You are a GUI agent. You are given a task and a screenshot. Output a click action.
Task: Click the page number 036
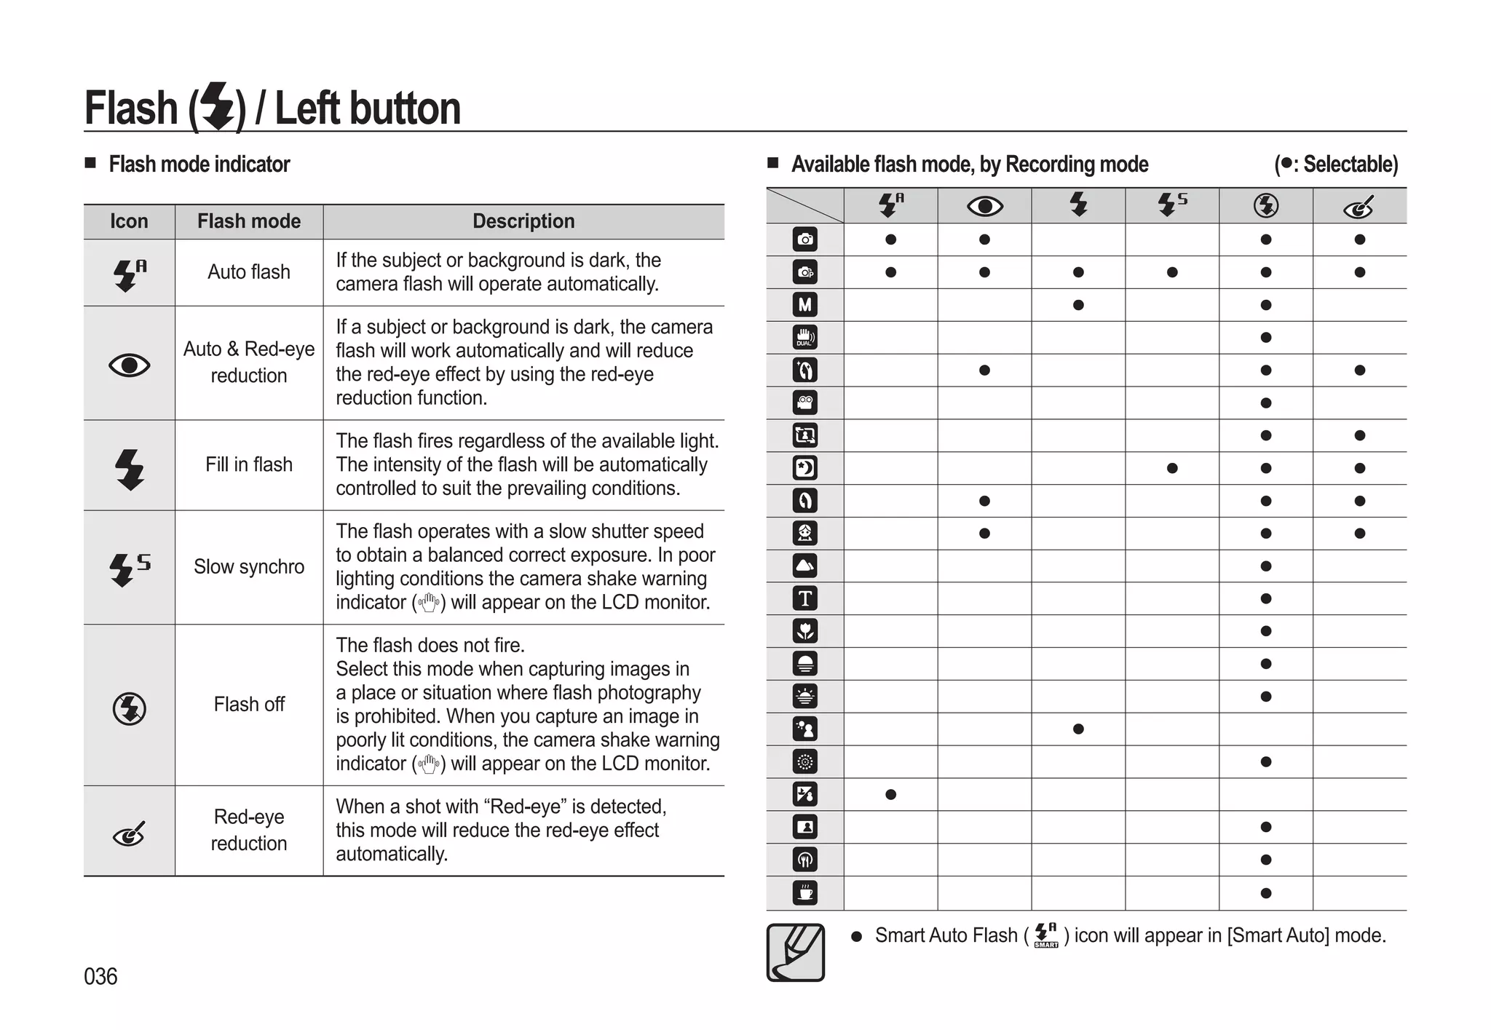tap(100, 976)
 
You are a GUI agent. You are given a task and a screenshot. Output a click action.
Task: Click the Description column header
tap(523, 221)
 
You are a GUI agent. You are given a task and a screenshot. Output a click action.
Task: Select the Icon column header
tap(129, 221)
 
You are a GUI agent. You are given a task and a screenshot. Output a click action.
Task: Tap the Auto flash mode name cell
tap(249, 272)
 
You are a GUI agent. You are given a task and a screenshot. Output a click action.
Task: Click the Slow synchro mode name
tap(249, 566)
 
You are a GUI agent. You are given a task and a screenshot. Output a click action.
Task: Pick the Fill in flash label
tap(249, 464)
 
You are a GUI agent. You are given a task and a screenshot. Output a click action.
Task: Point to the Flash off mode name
tap(249, 704)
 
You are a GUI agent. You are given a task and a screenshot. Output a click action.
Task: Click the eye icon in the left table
tap(130, 364)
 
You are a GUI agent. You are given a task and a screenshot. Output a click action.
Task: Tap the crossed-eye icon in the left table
tap(130, 834)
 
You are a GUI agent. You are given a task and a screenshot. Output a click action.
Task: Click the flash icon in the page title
tap(218, 107)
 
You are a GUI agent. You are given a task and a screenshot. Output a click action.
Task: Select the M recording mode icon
tap(804, 305)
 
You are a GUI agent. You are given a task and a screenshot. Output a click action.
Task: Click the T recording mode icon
tap(804, 598)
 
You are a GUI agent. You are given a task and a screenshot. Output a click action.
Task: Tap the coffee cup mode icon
tap(804, 892)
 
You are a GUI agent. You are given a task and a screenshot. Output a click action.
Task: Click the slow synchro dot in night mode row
tap(1172, 468)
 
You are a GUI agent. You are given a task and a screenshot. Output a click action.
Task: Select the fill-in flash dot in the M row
tap(1078, 305)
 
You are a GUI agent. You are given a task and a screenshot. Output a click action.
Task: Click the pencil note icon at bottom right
tap(795, 952)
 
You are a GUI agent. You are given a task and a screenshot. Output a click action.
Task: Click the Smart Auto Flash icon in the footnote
tap(1046, 935)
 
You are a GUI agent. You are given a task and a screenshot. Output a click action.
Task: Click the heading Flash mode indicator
tap(199, 165)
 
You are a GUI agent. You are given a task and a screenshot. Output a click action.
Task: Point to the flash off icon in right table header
tap(1266, 206)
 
